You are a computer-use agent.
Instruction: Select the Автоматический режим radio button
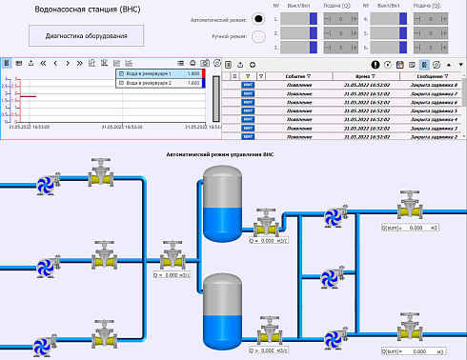[x=258, y=18]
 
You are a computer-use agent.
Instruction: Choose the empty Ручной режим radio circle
[x=258, y=36]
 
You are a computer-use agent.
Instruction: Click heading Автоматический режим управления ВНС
[x=220, y=153]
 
